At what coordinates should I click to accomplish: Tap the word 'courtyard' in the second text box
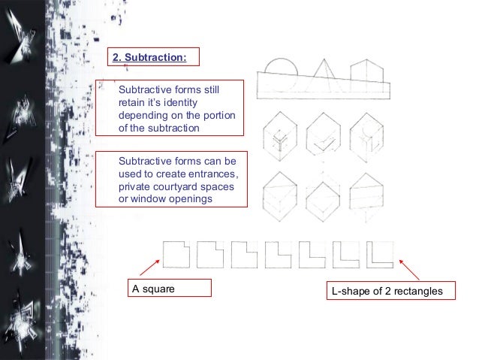[173, 187]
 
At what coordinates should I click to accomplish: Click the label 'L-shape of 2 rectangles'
[384, 289]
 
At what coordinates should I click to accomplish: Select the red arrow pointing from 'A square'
[149, 270]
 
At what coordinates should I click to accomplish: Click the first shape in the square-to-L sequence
[176, 254]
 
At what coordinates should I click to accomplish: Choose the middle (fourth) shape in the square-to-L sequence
[280, 254]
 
